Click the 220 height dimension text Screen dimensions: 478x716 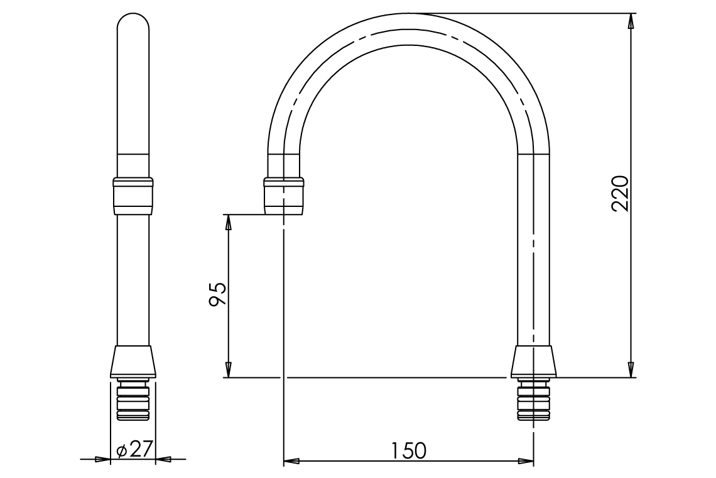pyautogui.click(x=621, y=193)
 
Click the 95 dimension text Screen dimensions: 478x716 pyautogui.click(x=218, y=294)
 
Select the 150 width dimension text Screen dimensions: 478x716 pyautogui.click(x=408, y=450)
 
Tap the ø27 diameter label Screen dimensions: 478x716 pyautogui.click(x=134, y=450)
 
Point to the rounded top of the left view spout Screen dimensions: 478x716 pyautogui.click(x=133, y=25)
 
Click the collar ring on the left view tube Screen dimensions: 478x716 pyautogui.click(x=133, y=196)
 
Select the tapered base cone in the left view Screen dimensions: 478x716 pyautogui.click(x=133, y=362)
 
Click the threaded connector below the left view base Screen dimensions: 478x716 pyautogui.click(x=133, y=400)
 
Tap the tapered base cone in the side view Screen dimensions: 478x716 pyautogui.click(x=533, y=362)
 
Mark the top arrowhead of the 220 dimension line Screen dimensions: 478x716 pyautogui.click(x=631, y=20)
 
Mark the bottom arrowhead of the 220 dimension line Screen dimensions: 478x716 pyautogui.click(x=631, y=370)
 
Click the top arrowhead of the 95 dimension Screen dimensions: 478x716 pyautogui.click(x=229, y=222)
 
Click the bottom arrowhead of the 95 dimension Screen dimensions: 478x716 pyautogui.click(x=229, y=370)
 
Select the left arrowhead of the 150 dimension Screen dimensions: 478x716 pyautogui.click(x=291, y=462)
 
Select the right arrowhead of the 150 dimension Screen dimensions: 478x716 pyautogui.click(x=526, y=462)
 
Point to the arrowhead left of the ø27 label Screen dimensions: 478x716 pyautogui.click(x=102, y=460)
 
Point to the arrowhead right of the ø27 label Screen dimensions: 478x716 pyautogui.click(x=163, y=460)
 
